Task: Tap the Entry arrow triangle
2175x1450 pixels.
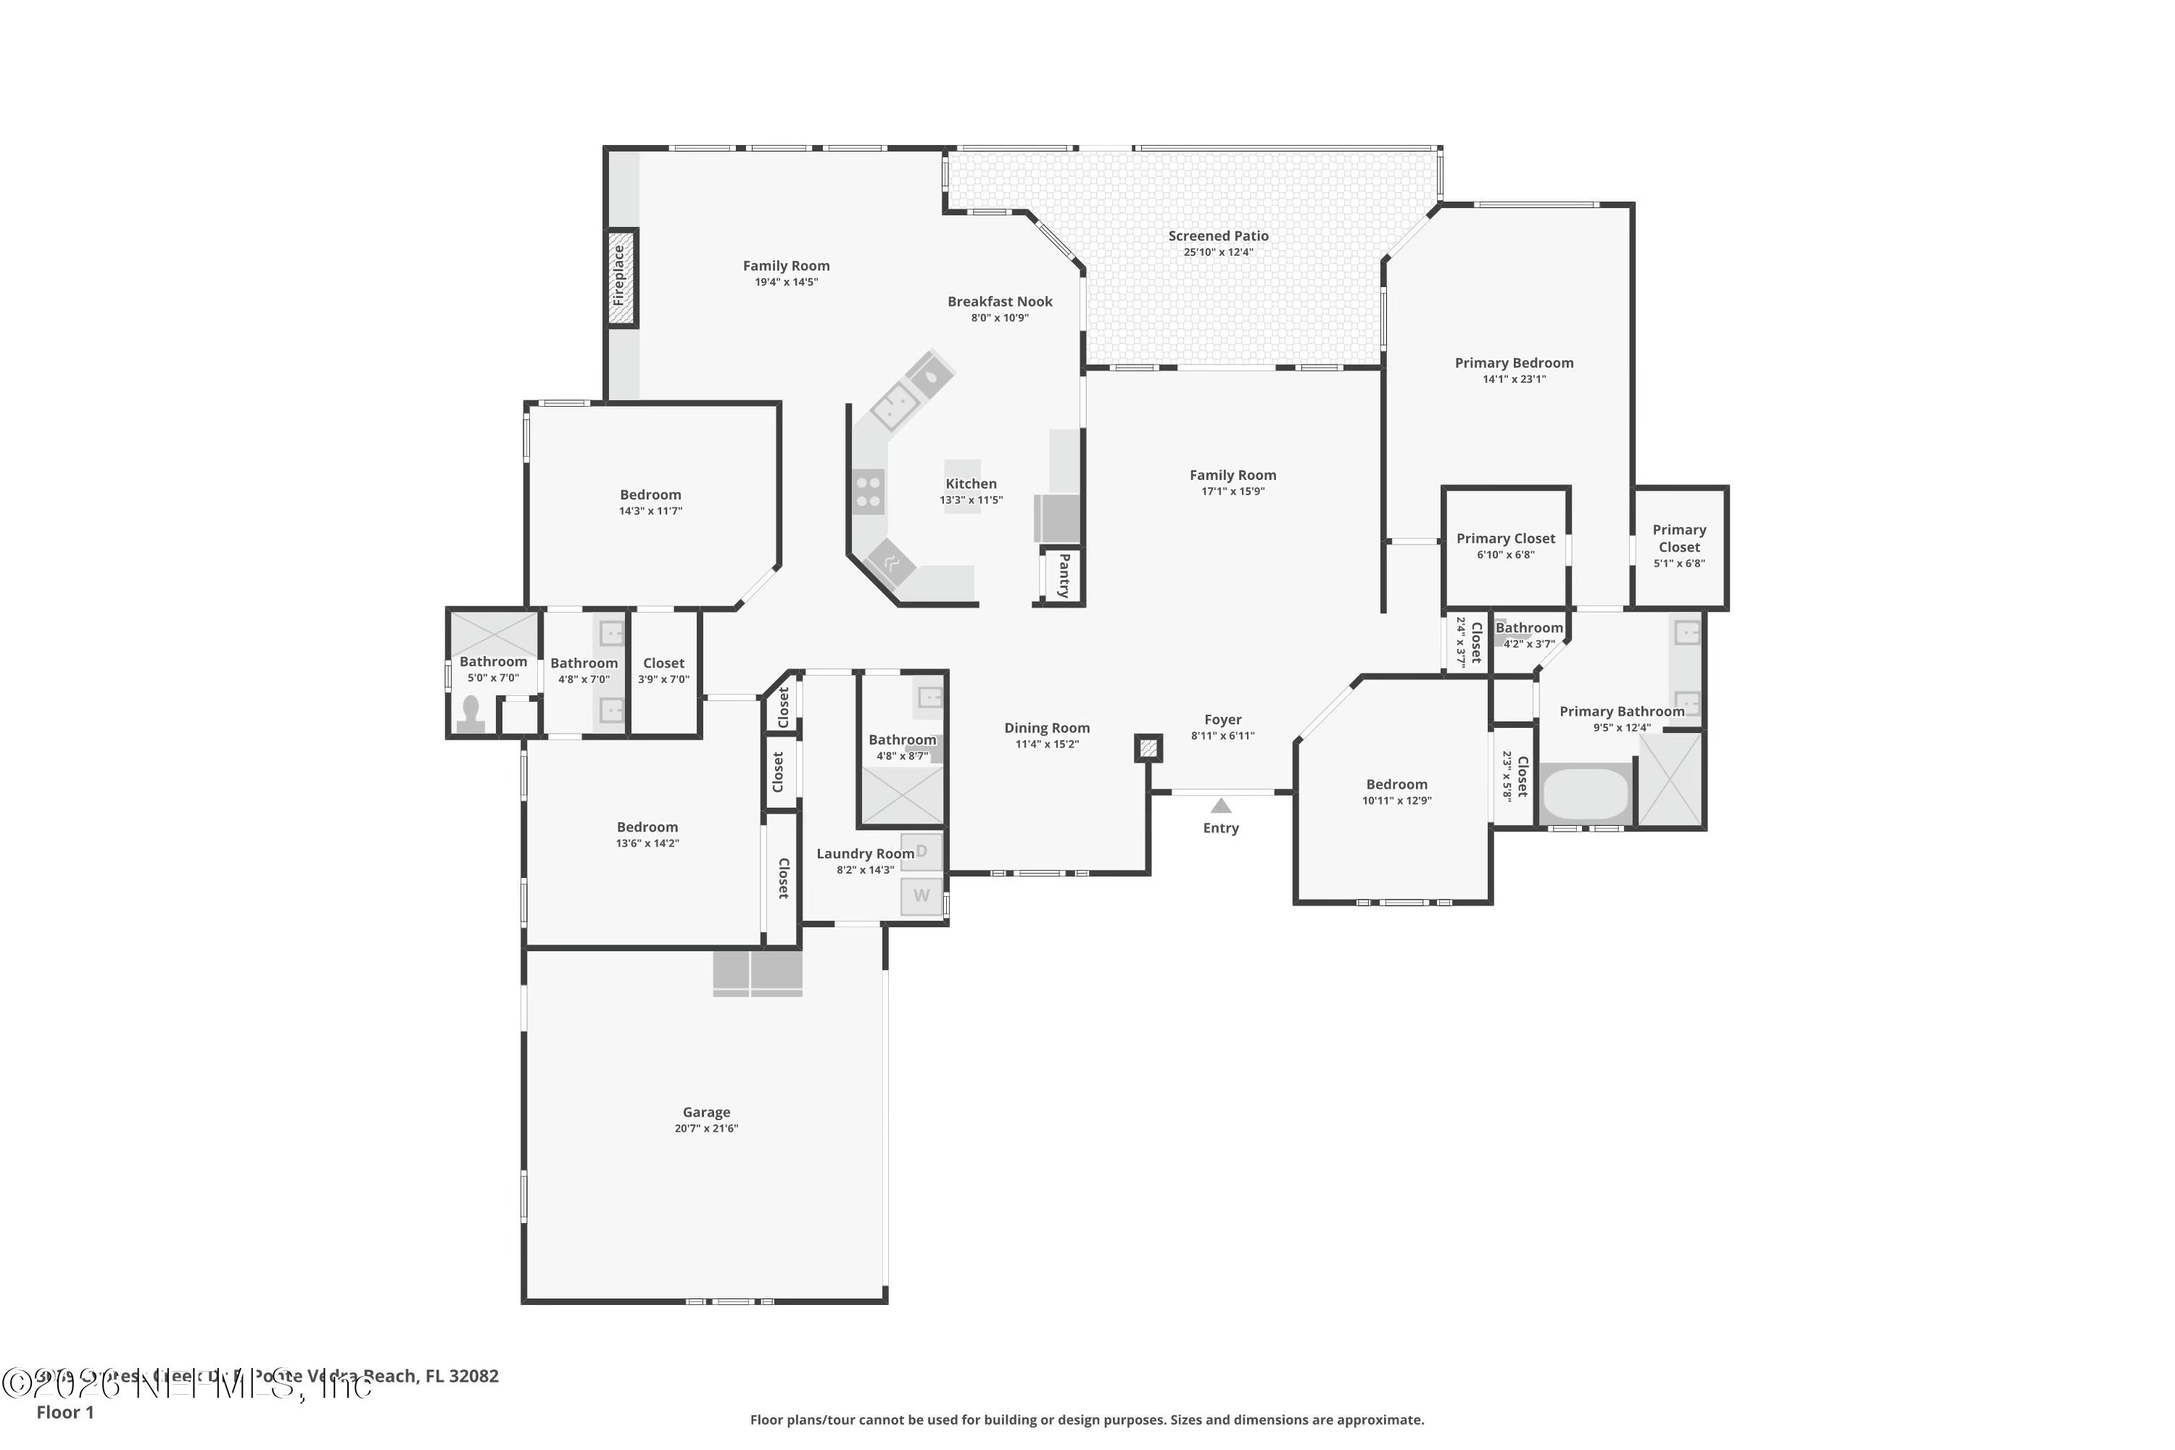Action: tap(1221, 805)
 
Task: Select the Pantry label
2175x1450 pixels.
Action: tap(1064, 574)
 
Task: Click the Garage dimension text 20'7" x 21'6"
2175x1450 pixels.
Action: tap(706, 1128)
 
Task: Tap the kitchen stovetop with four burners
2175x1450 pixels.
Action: tap(867, 491)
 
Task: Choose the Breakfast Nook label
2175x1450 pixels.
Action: tap(1000, 302)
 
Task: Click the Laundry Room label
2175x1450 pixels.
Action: tap(865, 853)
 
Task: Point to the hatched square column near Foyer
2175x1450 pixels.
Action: tap(1148, 747)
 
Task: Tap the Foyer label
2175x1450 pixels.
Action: tap(1222, 719)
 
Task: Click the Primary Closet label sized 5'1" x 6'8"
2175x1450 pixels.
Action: tap(1678, 538)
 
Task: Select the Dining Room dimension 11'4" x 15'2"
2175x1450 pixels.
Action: tap(1047, 745)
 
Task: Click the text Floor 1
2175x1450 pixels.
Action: tap(65, 1412)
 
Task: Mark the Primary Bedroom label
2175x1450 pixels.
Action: tap(1514, 363)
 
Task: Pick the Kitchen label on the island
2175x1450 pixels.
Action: tap(971, 484)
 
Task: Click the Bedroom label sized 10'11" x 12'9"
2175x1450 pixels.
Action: tap(1396, 784)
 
